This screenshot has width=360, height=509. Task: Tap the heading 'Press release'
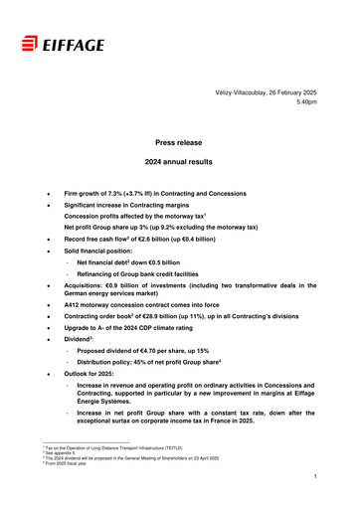tap(179, 143)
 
